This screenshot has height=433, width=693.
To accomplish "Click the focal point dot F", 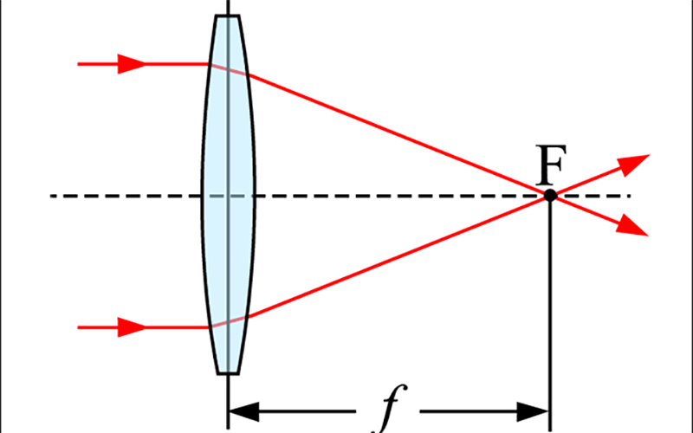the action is [x=550, y=196].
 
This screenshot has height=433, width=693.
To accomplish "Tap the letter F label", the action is [x=551, y=165].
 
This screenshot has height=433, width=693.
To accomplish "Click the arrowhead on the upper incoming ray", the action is [x=132, y=64].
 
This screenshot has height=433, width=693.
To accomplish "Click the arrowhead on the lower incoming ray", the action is [x=132, y=327].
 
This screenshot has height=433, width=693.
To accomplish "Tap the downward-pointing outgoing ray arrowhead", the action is [x=632, y=226].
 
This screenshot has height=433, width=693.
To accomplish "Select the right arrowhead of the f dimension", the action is [x=534, y=411].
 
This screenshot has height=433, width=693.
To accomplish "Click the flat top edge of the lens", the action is [x=228, y=16].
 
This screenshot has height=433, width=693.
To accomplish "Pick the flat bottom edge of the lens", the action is [x=228, y=374].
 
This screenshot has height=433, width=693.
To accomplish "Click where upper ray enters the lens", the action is [x=209, y=64].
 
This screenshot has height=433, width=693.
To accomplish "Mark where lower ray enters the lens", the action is [x=209, y=327].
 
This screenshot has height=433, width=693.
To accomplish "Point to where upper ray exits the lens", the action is [x=248, y=75].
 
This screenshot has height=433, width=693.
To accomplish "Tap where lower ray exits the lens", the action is [x=249, y=317].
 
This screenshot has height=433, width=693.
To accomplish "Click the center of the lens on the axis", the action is [x=228, y=196].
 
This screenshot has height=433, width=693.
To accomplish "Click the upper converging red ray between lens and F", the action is [x=398, y=135].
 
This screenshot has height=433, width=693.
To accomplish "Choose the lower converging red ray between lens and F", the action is [x=398, y=256].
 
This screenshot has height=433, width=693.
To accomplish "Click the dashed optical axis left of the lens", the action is [x=126, y=196].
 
